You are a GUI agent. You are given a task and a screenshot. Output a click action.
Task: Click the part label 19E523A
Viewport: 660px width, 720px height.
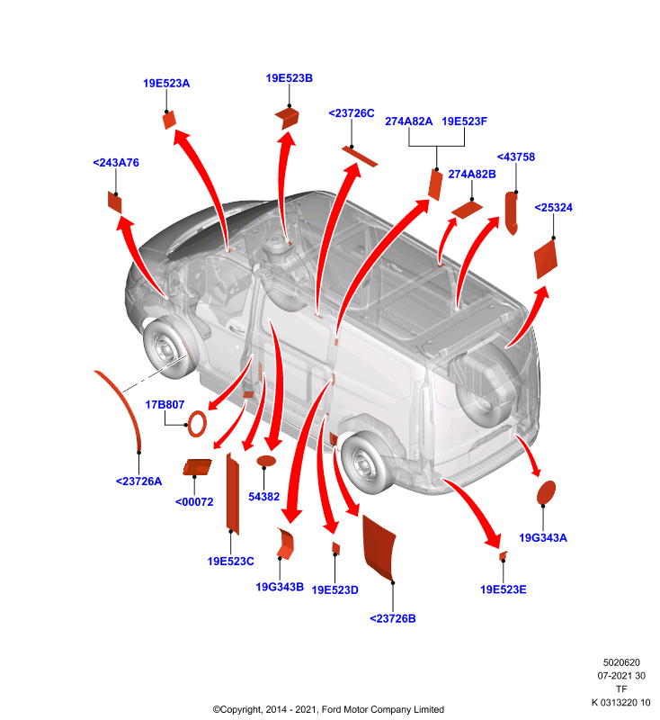[x=166, y=83]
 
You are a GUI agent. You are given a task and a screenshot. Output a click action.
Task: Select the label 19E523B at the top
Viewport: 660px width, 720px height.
[x=289, y=78]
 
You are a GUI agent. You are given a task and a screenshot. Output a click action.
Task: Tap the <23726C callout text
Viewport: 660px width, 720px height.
[x=352, y=113]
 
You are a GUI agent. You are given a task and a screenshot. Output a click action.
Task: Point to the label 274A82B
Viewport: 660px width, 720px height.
[x=471, y=174]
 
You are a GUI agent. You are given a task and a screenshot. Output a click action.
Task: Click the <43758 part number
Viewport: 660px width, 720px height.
[x=516, y=157]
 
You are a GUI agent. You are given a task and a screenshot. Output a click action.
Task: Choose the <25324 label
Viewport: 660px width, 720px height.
[x=553, y=207]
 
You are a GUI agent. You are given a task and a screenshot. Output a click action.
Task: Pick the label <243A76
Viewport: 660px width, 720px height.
[x=116, y=162]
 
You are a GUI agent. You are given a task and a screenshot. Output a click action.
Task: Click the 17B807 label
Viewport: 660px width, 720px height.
[x=165, y=404]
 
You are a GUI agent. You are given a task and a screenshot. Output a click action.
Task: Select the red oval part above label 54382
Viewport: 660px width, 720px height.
[x=266, y=461]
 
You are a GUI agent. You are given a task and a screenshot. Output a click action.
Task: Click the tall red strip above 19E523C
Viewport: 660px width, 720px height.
[x=233, y=494]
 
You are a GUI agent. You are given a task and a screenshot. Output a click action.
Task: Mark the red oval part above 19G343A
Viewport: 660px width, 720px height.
[x=546, y=492]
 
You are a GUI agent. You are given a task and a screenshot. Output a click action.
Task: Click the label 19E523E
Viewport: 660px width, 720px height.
[x=503, y=589]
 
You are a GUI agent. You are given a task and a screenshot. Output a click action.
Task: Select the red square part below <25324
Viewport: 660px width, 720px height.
[x=546, y=259]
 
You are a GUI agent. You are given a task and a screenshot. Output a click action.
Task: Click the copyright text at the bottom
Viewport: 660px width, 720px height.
[x=328, y=709]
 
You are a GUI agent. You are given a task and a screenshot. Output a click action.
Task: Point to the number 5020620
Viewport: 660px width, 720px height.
[x=621, y=662]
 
